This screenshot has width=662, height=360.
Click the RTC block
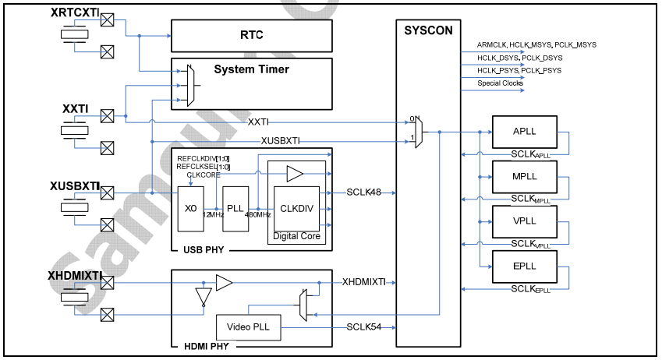pos(251,36)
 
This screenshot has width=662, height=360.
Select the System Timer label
pos(251,69)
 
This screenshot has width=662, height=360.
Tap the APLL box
pos(524,131)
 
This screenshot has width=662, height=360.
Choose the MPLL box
pos(524,176)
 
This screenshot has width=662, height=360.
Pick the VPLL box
pos(524,221)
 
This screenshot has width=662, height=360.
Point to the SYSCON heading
pos(427,30)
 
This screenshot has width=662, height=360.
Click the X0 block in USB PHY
pos(191,208)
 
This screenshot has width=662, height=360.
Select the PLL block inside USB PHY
pos(234,208)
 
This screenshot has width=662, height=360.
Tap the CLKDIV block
pos(296,208)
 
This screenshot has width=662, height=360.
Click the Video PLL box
pos(248,326)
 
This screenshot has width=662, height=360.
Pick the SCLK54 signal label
pos(364,326)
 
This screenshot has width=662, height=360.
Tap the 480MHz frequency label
pos(257,215)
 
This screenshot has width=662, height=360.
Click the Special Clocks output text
pos(500,83)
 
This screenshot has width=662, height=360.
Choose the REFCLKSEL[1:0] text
pos(204,167)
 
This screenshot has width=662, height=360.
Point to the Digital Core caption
pos(296,235)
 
